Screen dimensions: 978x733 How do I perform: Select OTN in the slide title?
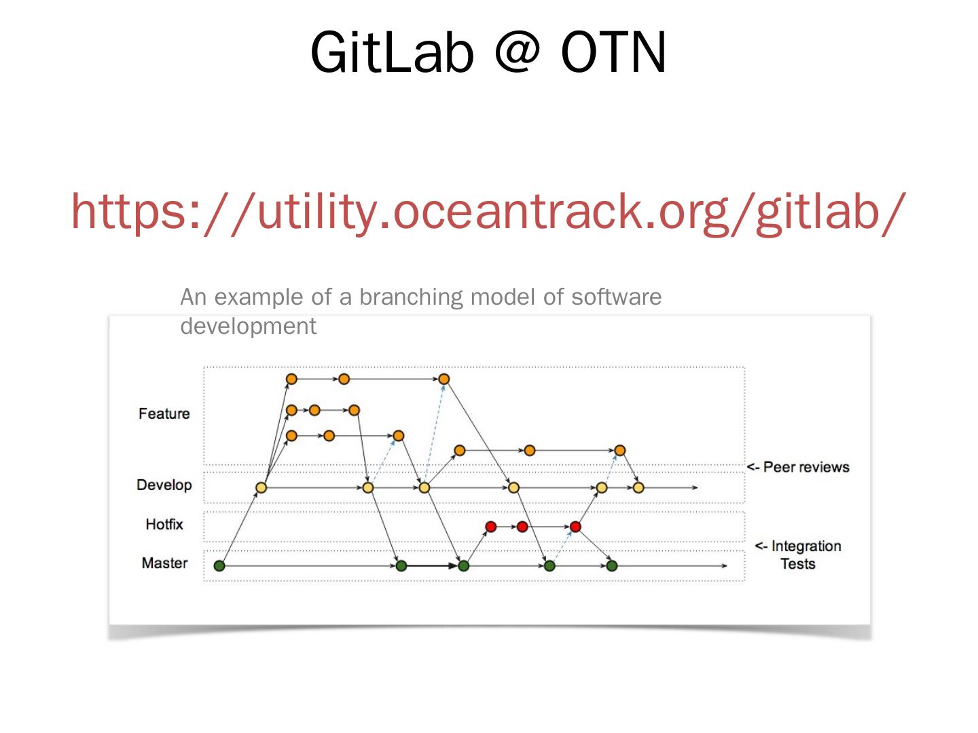click(x=613, y=53)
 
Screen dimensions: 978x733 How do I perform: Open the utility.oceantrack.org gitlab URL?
click(x=488, y=211)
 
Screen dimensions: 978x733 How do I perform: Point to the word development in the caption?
click(x=248, y=326)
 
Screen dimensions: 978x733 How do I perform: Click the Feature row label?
click(x=164, y=413)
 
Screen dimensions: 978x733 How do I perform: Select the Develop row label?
click(x=164, y=485)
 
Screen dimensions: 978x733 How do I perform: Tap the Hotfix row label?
click(x=164, y=524)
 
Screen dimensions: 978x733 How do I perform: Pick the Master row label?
click(x=164, y=563)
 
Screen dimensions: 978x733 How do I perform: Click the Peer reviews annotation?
click(x=798, y=467)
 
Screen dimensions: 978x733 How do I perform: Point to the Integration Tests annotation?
click(x=798, y=555)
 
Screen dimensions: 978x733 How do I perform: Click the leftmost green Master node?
click(x=219, y=565)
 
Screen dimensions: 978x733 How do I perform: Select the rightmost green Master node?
click(x=612, y=565)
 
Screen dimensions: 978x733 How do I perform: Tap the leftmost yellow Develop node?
click(x=261, y=487)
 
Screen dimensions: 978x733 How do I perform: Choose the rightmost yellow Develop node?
click(x=638, y=487)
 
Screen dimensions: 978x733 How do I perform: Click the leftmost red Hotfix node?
click(x=491, y=526)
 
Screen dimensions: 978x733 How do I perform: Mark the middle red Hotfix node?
click(x=522, y=526)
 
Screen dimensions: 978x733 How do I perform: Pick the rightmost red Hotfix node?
click(x=575, y=526)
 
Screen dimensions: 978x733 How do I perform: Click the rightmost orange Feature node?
click(x=619, y=450)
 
